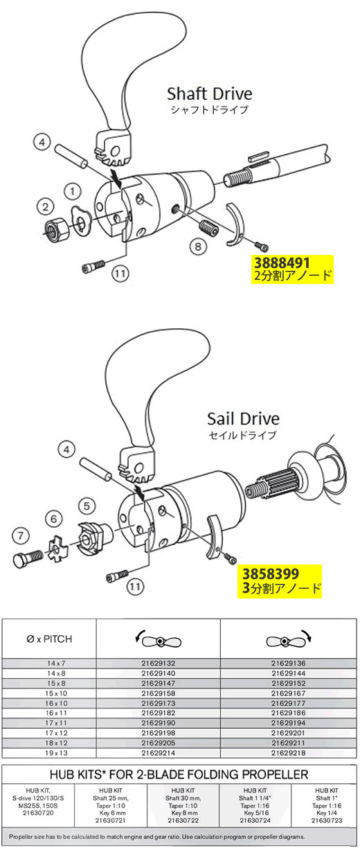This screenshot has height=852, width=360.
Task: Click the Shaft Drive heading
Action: (210, 94)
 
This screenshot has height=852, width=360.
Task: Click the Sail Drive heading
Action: (243, 419)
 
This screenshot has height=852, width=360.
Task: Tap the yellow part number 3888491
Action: (282, 263)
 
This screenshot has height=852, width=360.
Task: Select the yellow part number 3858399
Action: (271, 574)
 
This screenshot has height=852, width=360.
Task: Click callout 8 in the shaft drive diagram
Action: (198, 247)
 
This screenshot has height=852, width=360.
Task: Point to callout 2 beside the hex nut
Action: (45, 207)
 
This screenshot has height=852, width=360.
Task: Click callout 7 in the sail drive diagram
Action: (21, 536)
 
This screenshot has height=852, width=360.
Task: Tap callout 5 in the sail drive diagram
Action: (87, 506)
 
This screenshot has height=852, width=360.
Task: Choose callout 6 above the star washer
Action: (53, 519)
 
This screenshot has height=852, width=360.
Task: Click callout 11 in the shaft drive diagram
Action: (120, 273)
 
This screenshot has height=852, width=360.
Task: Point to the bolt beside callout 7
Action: (28, 559)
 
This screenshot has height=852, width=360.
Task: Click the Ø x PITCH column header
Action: (49, 639)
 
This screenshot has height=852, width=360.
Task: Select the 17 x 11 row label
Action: (56, 723)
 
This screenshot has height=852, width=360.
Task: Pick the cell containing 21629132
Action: (159, 664)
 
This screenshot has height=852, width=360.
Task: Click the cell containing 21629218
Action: (289, 753)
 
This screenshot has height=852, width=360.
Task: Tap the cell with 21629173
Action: (159, 703)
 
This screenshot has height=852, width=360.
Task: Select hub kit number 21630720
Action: (38, 813)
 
